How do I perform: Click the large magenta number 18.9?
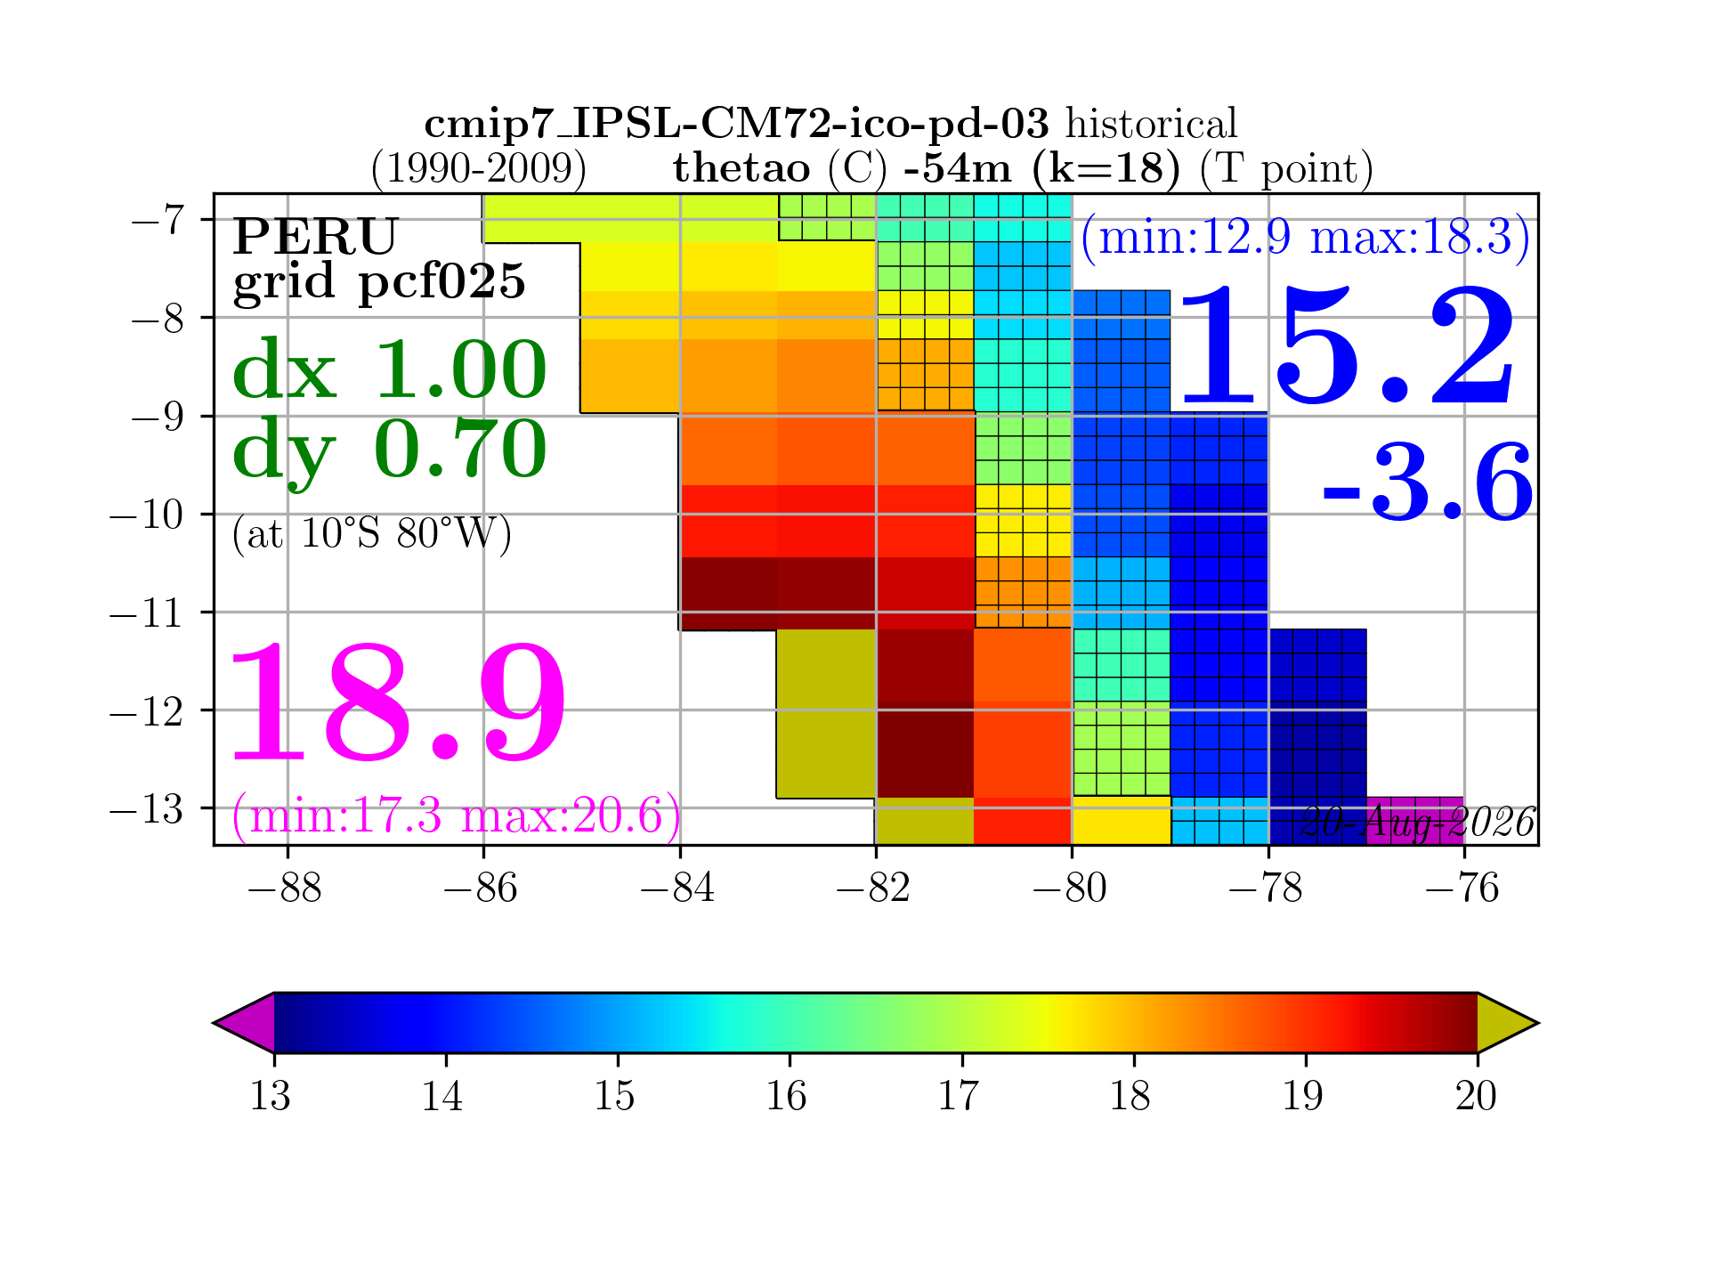(x=398, y=703)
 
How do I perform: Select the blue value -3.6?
(x=1428, y=482)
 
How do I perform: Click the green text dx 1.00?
(x=390, y=369)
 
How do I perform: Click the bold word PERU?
(x=315, y=236)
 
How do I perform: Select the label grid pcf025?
(x=379, y=282)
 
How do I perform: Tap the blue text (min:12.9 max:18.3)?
(x=1306, y=238)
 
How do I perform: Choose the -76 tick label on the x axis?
(x=1462, y=888)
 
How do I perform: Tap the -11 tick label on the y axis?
(x=146, y=613)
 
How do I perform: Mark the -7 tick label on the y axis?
(x=158, y=220)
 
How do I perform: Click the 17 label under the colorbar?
(x=959, y=1095)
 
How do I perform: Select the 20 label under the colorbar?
(x=1476, y=1095)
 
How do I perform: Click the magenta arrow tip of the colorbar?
(x=215, y=1023)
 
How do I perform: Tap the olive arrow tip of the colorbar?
(x=1537, y=1023)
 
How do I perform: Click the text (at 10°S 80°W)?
(x=372, y=534)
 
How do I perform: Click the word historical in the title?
(x=1152, y=124)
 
